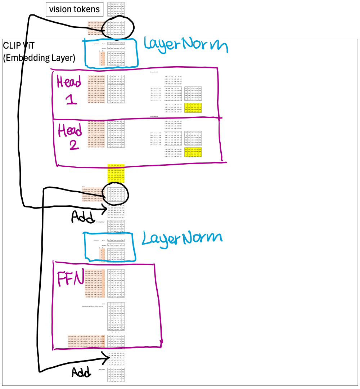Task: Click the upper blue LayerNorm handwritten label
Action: click(185, 45)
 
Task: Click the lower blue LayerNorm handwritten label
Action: click(182, 238)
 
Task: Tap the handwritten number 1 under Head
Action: click(71, 99)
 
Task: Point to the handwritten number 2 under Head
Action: click(73, 145)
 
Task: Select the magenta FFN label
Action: click(70, 278)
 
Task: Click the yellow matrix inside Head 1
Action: click(193, 108)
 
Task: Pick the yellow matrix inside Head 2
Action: click(193, 152)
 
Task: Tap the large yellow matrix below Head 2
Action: click(116, 174)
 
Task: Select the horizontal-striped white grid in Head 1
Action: click(156, 94)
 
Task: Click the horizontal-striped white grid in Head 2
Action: click(156, 138)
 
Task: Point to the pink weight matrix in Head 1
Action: click(96, 89)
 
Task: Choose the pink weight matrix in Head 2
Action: click(96, 134)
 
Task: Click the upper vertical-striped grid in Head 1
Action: click(173, 80)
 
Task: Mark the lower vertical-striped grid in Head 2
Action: click(173, 152)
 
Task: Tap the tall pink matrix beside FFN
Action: click(95, 284)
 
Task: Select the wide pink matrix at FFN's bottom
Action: click(86, 341)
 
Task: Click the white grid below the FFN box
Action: click(116, 358)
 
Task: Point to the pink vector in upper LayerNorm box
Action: click(102, 59)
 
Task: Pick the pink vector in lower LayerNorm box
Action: click(102, 255)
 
